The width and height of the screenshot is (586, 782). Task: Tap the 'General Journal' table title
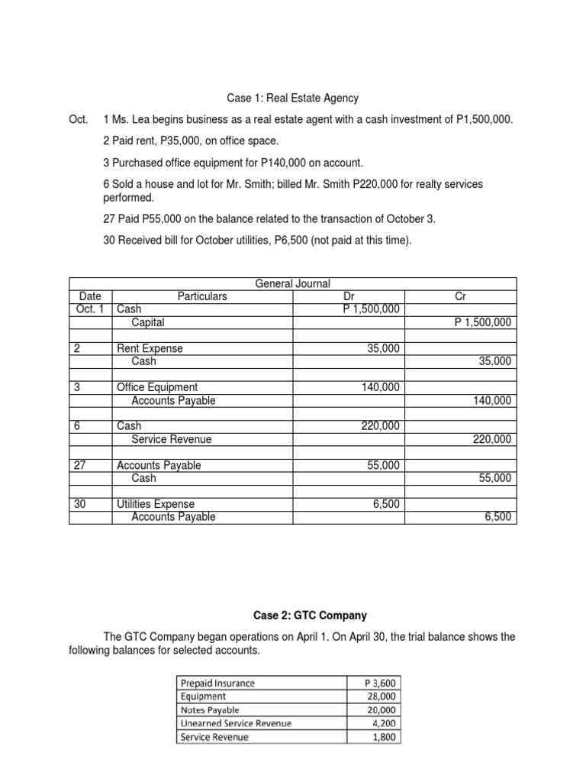coord(292,284)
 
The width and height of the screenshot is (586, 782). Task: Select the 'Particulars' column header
coord(202,296)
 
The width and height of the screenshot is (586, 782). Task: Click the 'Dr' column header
coord(349,296)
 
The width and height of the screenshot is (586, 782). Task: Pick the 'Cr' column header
coord(460,296)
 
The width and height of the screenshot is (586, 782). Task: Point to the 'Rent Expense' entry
coord(150,349)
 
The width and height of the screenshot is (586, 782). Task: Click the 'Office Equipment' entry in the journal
coord(156,388)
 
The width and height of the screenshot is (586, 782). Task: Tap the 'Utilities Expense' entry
coord(155,504)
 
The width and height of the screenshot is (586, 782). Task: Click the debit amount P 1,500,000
coord(371,309)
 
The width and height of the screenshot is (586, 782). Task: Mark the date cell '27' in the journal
coord(80,465)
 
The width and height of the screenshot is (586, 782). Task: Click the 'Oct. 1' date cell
coord(90,309)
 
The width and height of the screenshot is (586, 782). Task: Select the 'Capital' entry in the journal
coord(148,322)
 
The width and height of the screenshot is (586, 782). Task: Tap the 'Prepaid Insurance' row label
coord(217,683)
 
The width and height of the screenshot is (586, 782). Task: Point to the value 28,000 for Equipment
coord(381,696)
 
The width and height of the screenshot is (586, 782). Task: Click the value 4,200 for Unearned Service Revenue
coord(384,723)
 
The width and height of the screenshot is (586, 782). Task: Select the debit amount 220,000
coord(380,426)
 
